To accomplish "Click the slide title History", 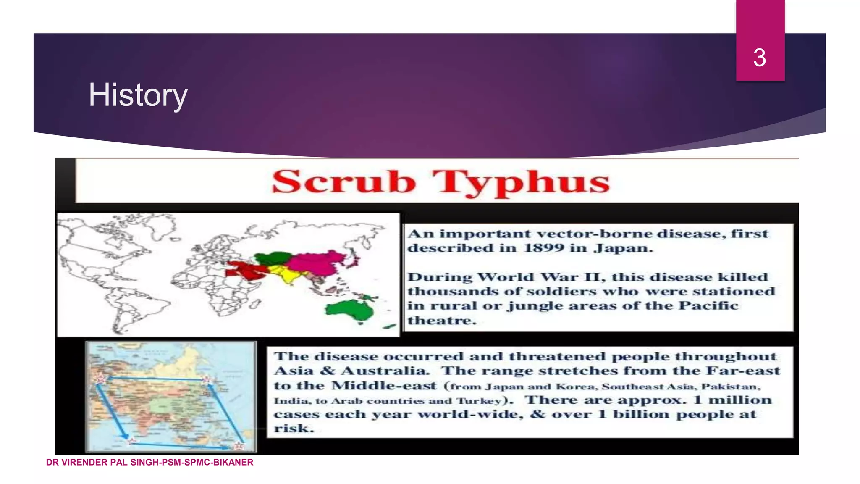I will tap(138, 95).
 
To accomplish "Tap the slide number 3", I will tap(759, 58).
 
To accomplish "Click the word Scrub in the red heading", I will tap(344, 182).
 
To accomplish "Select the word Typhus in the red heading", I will tap(521, 183).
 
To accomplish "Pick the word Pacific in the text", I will tap(708, 305).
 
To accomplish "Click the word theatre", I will tap(442, 321).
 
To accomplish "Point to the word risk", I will tap(294, 429).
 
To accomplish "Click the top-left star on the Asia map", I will tap(100, 379).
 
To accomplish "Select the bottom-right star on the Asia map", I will tap(239, 446).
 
